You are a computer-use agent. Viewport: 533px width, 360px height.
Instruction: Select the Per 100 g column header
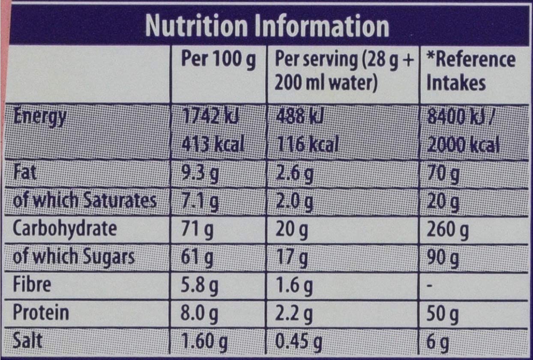coord(218,60)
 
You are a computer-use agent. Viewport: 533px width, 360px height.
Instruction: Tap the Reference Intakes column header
coord(470,71)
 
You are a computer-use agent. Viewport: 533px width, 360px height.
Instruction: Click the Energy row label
coord(39,117)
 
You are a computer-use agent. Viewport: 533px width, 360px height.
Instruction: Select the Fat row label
coord(25,173)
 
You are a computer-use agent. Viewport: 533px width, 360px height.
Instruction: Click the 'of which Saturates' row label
coord(84,201)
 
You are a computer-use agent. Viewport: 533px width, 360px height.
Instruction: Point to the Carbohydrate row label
coord(64,229)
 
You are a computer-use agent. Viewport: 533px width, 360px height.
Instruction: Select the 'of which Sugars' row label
coord(73,257)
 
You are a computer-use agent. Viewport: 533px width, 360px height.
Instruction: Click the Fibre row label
coord(32,285)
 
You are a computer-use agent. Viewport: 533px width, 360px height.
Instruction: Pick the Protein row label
coord(41,313)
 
